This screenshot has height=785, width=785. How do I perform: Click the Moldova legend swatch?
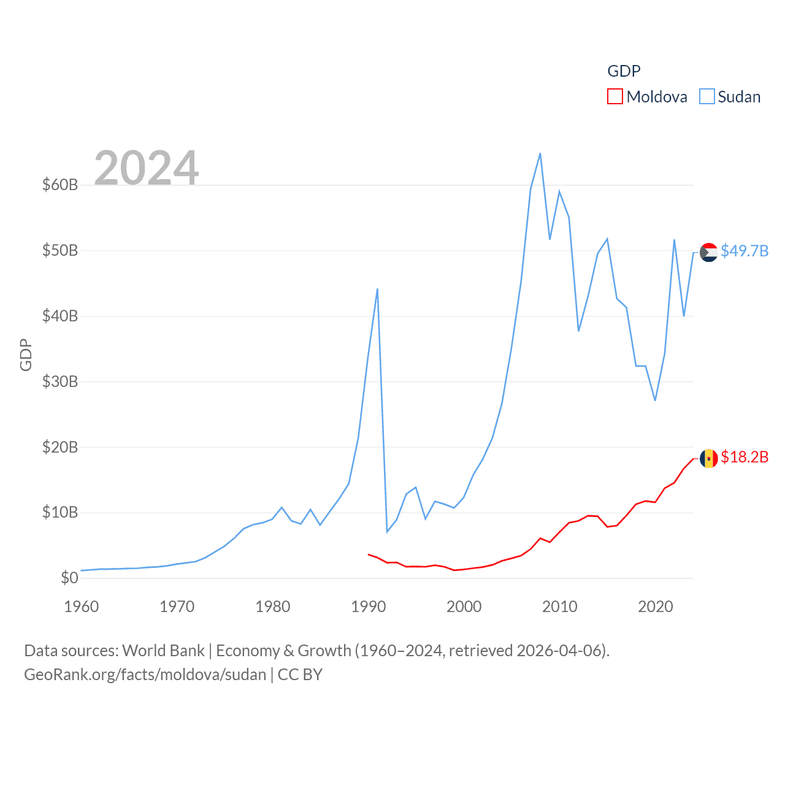[x=615, y=97]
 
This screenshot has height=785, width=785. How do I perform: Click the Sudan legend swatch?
[x=707, y=97]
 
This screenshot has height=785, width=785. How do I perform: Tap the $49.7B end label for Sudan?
[x=745, y=251]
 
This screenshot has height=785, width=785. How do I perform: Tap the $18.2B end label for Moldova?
[x=745, y=458]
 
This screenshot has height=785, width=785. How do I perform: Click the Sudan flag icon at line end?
[x=708, y=252]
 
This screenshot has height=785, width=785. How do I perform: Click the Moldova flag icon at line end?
[x=708, y=458]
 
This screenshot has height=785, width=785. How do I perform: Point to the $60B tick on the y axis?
[x=60, y=185]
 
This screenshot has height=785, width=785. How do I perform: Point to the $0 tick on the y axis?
[x=69, y=578]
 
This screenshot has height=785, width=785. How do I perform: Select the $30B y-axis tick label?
[x=60, y=381]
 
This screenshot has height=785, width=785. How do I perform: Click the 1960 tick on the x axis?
[x=82, y=607]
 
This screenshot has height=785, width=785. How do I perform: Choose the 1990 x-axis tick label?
[x=369, y=607]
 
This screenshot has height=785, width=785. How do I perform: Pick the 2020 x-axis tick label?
[x=656, y=607]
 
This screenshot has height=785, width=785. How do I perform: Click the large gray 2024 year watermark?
[x=147, y=167]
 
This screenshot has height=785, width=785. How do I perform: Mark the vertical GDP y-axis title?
[x=26, y=354]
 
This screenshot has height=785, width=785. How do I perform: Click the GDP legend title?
[x=624, y=71]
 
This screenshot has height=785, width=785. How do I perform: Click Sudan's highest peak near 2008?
[x=540, y=153]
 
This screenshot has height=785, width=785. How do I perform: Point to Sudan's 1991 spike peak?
[x=377, y=289]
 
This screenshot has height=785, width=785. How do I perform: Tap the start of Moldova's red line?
[x=368, y=554]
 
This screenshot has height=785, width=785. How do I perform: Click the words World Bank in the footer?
[x=163, y=651]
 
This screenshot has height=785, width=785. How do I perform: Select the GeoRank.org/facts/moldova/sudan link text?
[x=145, y=675]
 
